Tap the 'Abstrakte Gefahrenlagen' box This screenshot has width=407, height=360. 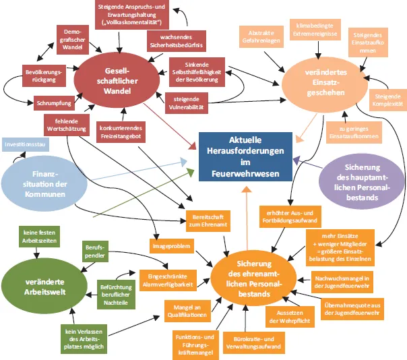pyautogui.click(x=261, y=36)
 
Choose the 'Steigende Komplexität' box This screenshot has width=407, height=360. pyautogui.click(x=387, y=100)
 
